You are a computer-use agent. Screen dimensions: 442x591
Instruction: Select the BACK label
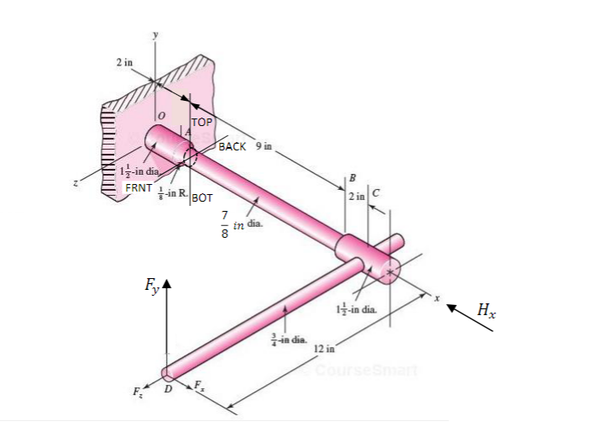tap(233, 146)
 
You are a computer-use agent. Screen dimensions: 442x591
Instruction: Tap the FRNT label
tap(138, 187)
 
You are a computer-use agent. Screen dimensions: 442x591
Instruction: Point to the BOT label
tap(202, 198)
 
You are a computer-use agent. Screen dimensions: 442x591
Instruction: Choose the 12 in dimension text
tap(325, 347)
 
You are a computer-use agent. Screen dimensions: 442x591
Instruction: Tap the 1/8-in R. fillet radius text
tap(170, 193)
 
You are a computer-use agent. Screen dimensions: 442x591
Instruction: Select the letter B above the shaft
tap(352, 177)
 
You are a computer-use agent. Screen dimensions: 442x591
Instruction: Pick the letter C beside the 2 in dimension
tap(376, 195)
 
